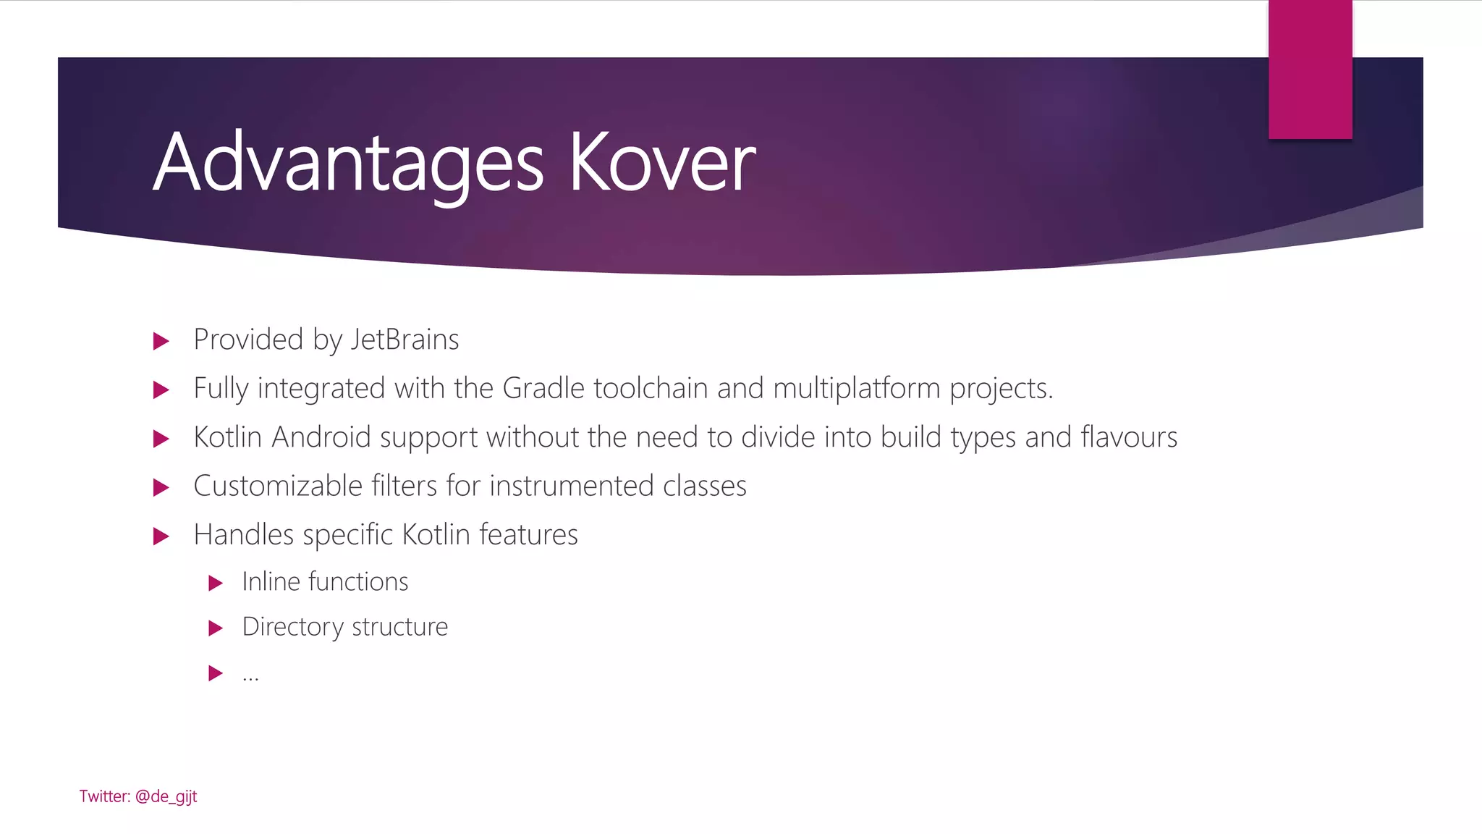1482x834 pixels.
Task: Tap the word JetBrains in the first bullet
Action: (405, 340)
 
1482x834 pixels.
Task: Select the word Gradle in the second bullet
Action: (543, 388)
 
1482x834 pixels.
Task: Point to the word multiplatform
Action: (857, 388)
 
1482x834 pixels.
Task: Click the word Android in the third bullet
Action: (321, 437)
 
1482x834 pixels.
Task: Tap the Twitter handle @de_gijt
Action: (166, 796)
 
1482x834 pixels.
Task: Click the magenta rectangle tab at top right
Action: (1310, 69)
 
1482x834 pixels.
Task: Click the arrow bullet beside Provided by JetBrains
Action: (161, 341)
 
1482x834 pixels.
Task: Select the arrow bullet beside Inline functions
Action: (215, 583)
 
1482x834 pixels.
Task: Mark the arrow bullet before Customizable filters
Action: (161, 487)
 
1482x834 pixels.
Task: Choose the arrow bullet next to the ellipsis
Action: (215, 673)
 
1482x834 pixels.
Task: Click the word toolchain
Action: (651, 388)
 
